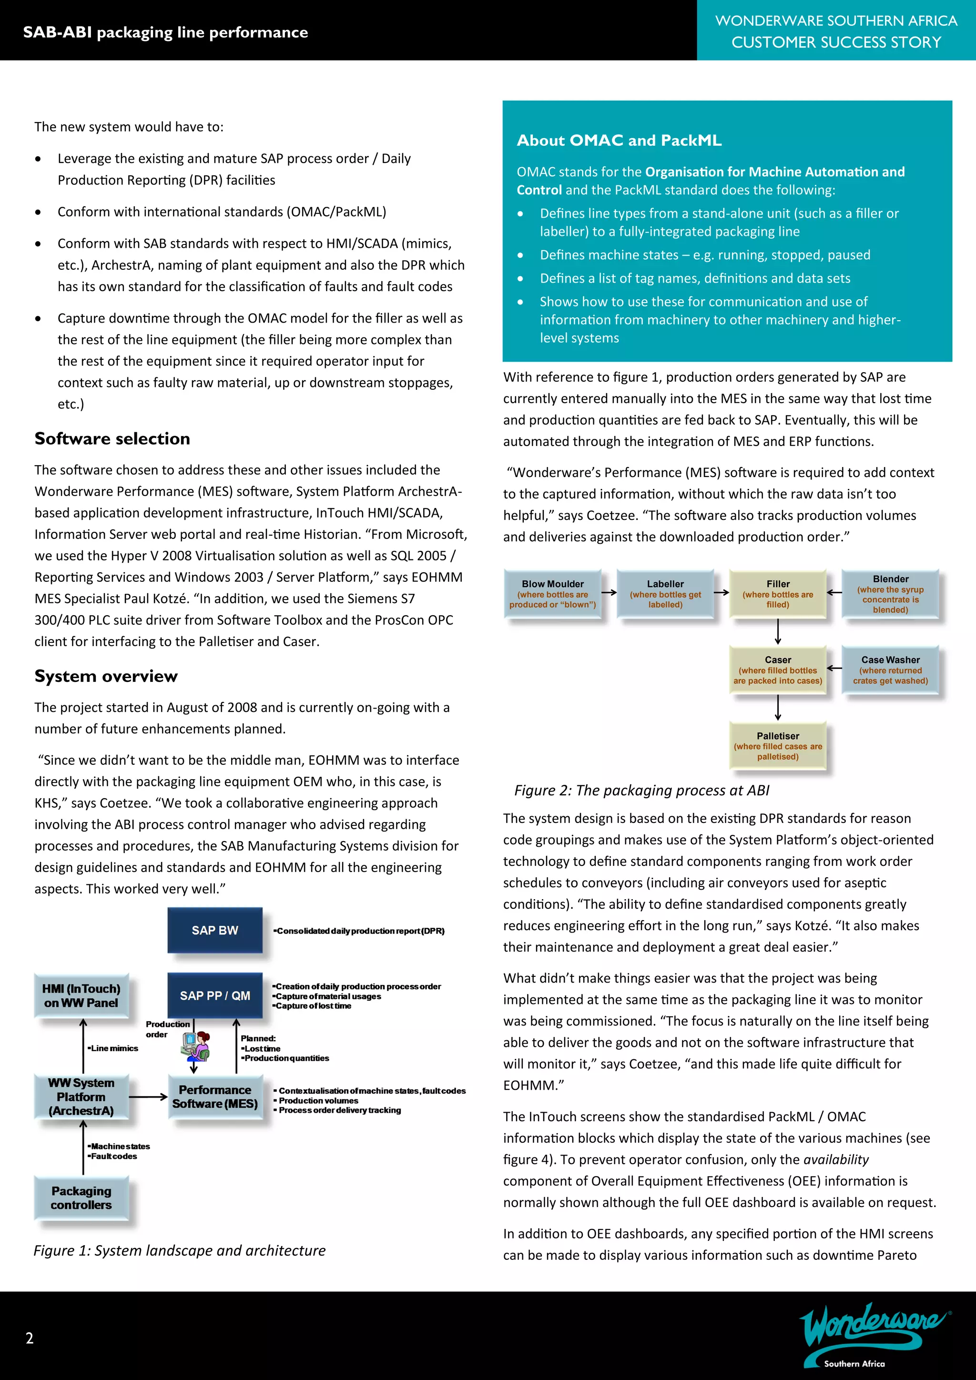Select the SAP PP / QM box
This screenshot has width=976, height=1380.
[x=214, y=995]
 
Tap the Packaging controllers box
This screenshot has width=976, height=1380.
[x=81, y=1198]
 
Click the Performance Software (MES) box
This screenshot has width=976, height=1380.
[x=214, y=1097]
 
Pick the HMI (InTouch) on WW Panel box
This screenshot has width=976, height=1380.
[x=81, y=995]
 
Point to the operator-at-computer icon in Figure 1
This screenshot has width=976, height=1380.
[x=195, y=1046]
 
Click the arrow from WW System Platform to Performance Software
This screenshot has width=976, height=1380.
[x=148, y=1097]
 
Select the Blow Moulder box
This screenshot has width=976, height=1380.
[x=552, y=594]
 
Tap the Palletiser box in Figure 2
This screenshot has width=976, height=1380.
[x=778, y=746]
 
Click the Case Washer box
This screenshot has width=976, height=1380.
[x=890, y=670]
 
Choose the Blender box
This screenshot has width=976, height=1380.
[x=890, y=594]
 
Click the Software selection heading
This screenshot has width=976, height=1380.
[x=112, y=439]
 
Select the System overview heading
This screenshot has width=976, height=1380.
[x=106, y=676]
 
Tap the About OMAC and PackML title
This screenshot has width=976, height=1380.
[x=619, y=141]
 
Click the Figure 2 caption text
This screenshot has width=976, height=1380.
[x=641, y=791]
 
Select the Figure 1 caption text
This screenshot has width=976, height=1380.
[x=180, y=1250]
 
